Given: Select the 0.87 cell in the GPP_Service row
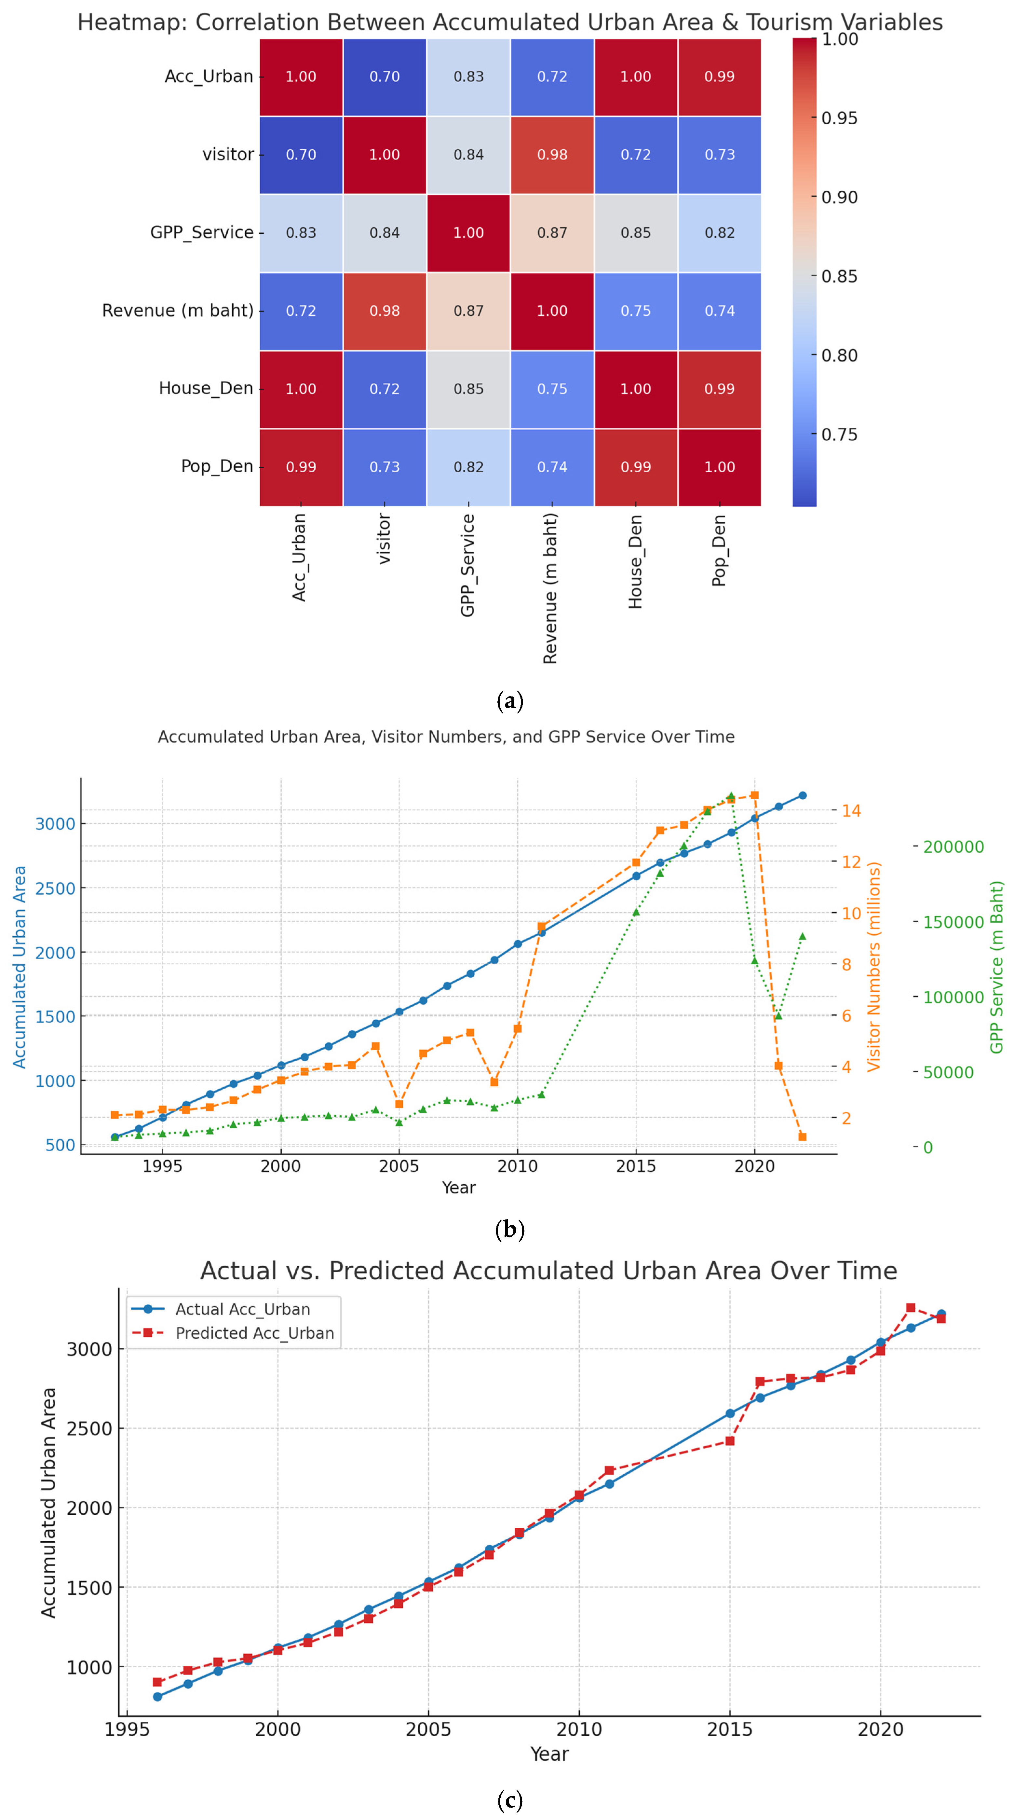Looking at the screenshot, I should point(552,233).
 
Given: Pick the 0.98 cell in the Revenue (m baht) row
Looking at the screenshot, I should point(385,310).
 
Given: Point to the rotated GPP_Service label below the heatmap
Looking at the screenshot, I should point(467,565).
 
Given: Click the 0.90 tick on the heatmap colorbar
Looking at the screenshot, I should point(839,197).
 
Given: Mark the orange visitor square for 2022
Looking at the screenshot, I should point(802,1136).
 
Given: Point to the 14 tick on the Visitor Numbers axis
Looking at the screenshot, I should point(851,810).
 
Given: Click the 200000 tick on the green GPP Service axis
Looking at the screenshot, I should point(953,846).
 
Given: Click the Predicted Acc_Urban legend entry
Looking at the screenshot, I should point(254,1332).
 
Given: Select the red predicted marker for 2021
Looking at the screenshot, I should point(910,1307).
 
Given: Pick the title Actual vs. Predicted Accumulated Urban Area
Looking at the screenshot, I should point(548,1270).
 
